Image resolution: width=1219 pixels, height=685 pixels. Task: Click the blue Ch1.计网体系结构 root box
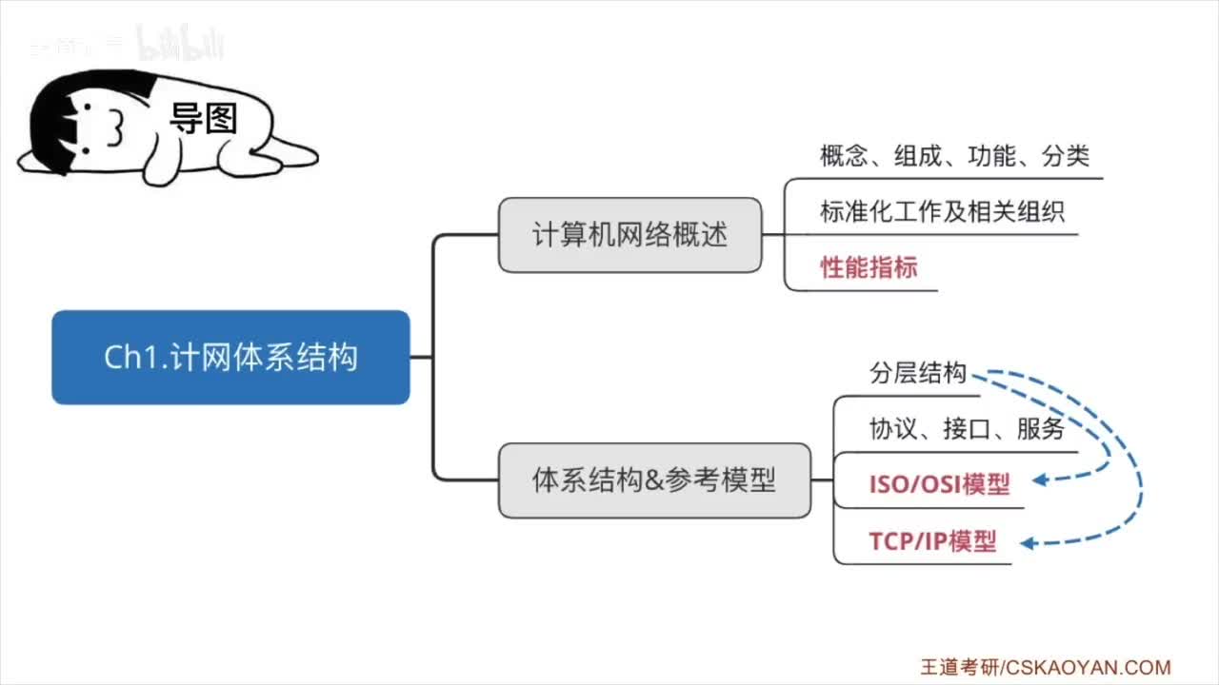(x=230, y=357)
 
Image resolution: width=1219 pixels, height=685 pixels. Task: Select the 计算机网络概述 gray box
(x=629, y=235)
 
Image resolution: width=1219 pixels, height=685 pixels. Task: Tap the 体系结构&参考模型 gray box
(x=654, y=480)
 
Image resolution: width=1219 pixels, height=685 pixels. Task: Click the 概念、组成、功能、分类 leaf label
(x=954, y=156)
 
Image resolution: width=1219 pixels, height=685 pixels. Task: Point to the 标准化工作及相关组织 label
(x=942, y=211)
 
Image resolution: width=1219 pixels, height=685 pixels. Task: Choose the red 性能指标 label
(x=869, y=267)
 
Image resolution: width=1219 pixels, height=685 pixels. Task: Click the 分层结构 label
(x=917, y=373)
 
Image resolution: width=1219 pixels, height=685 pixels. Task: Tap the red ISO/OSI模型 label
(x=939, y=484)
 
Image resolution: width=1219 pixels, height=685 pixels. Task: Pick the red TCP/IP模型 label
(x=932, y=541)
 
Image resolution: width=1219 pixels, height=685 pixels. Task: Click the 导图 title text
(x=203, y=119)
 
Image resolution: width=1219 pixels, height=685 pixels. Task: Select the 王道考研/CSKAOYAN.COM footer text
(x=1045, y=668)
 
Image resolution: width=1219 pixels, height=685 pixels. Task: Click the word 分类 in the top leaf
(x=1066, y=156)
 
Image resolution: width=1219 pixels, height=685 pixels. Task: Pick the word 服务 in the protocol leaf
(x=1041, y=429)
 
